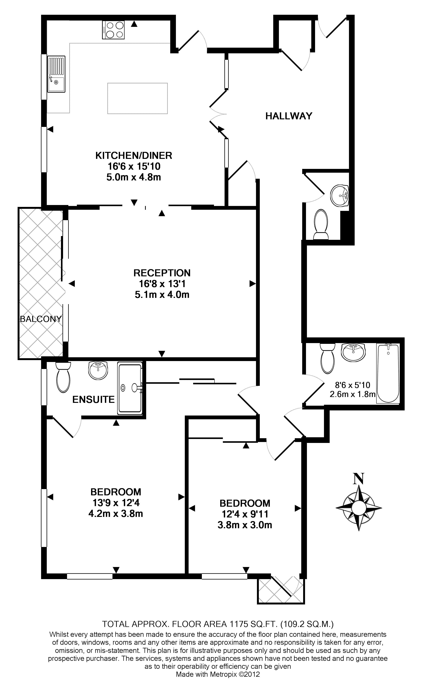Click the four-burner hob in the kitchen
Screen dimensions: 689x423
tap(113, 30)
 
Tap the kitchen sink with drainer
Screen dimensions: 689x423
tap(56, 74)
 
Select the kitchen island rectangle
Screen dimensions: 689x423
tap(137, 98)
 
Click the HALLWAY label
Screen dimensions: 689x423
tap(289, 116)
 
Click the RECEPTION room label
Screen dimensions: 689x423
tap(162, 273)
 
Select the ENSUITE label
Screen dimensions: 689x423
tap(94, 400)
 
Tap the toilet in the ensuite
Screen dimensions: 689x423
tap(63, 378)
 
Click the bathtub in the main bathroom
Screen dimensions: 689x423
tap(388, 373)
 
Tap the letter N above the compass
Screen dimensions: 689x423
tap(358, 478)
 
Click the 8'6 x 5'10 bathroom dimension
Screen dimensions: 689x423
tap(352, 385)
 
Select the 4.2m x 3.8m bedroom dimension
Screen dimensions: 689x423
tap(116, 514)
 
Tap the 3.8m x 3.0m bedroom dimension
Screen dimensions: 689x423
tap(245, 525)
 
